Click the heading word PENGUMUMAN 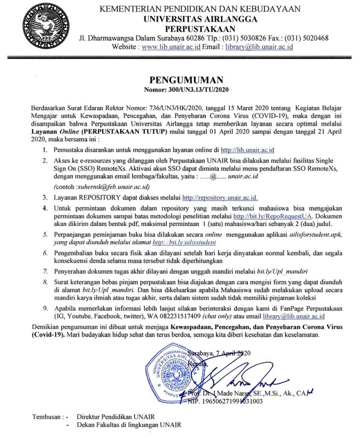click(x=180, y=80)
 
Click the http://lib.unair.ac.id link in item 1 click(x=247, y=150)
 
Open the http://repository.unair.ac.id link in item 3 click(x=220, y=198)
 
